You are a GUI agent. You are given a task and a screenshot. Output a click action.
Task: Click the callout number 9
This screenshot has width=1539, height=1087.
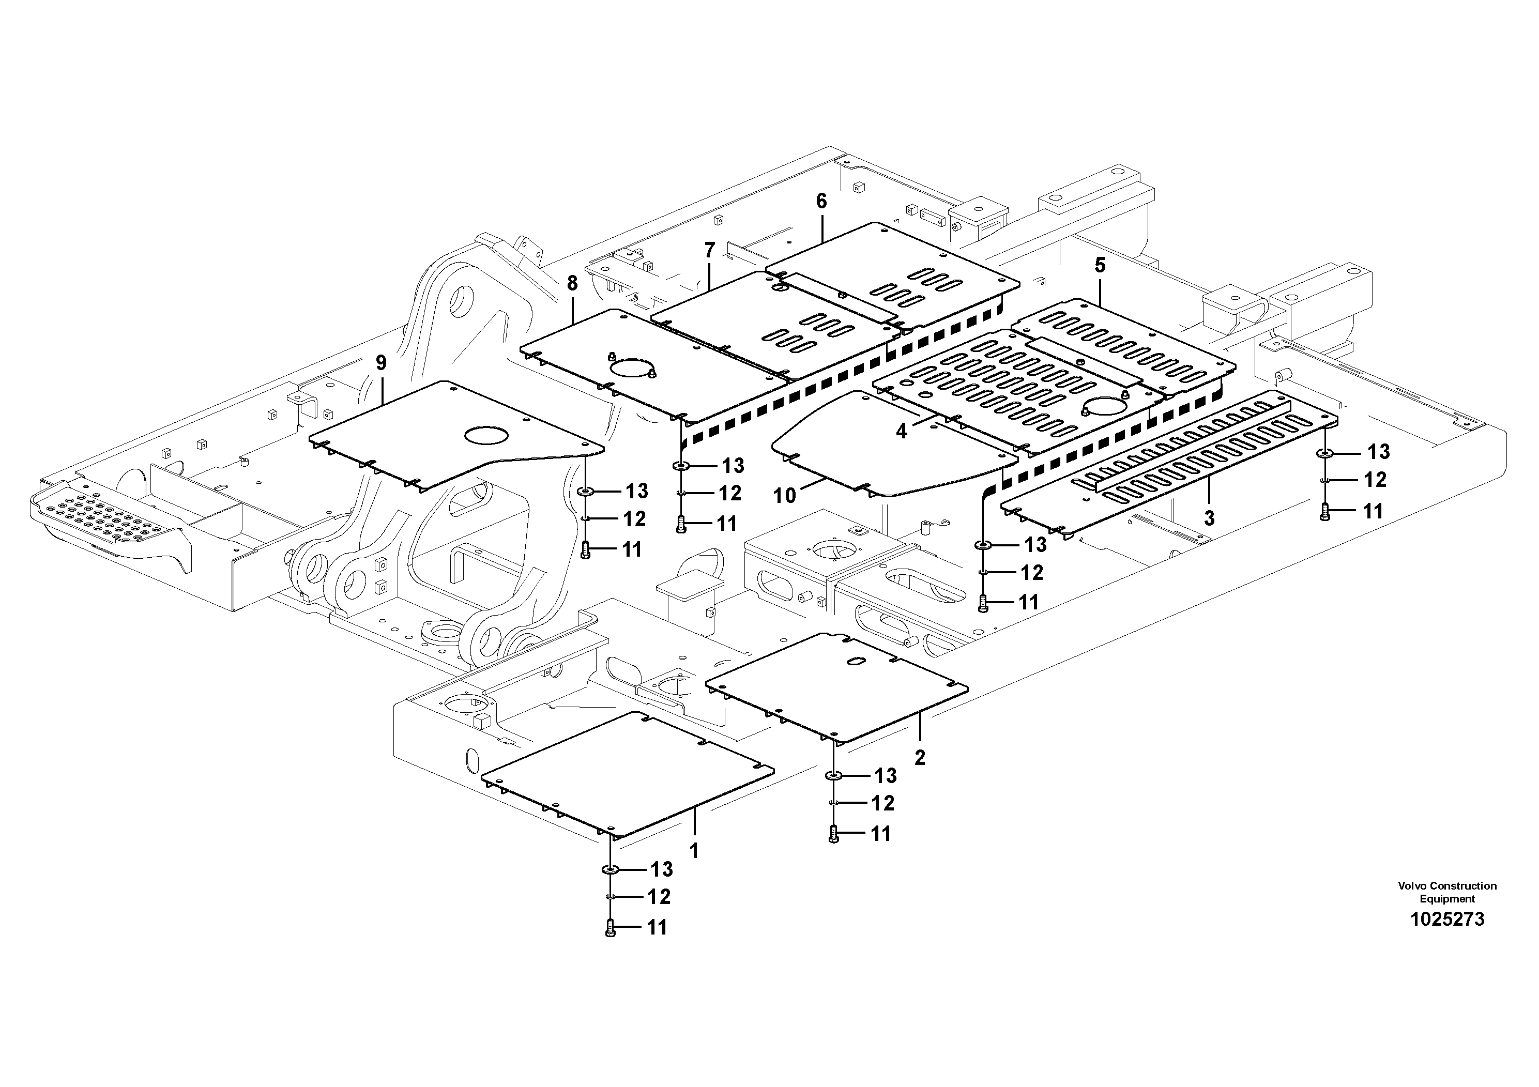[380, 363]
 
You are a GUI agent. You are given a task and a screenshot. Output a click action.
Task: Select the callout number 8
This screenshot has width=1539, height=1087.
[572, 283]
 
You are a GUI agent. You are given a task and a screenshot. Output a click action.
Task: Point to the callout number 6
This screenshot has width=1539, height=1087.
[821, 201]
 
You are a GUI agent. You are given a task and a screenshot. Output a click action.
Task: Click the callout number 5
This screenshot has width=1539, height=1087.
[1100, 265]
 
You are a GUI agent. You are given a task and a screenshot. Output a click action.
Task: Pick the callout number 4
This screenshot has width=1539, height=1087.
[902, 432]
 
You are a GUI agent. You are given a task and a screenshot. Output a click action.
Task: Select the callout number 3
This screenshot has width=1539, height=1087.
[1209, 517]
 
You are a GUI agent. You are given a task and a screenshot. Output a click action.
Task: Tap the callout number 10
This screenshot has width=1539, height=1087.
[784, 496]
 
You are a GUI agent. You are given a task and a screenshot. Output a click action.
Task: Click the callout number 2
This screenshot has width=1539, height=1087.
[920, 758]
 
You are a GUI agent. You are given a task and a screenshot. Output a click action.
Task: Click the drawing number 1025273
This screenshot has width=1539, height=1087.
[1446, 919]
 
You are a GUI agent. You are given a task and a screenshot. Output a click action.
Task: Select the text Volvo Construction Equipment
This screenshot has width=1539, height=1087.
[1446, 892]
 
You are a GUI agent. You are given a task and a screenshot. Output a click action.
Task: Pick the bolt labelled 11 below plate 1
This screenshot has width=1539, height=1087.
[609, 928]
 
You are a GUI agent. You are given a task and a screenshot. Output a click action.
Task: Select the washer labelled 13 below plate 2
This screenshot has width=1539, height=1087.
[834, 776]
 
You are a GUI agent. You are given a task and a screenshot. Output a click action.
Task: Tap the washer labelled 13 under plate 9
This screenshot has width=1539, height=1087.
[586, 492]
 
